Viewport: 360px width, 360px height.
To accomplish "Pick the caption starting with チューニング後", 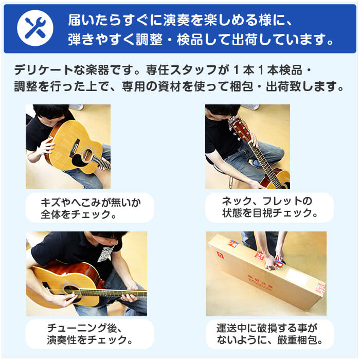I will tap(89, 334).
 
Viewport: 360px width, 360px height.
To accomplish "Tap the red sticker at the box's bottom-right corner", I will tap(320, 289).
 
